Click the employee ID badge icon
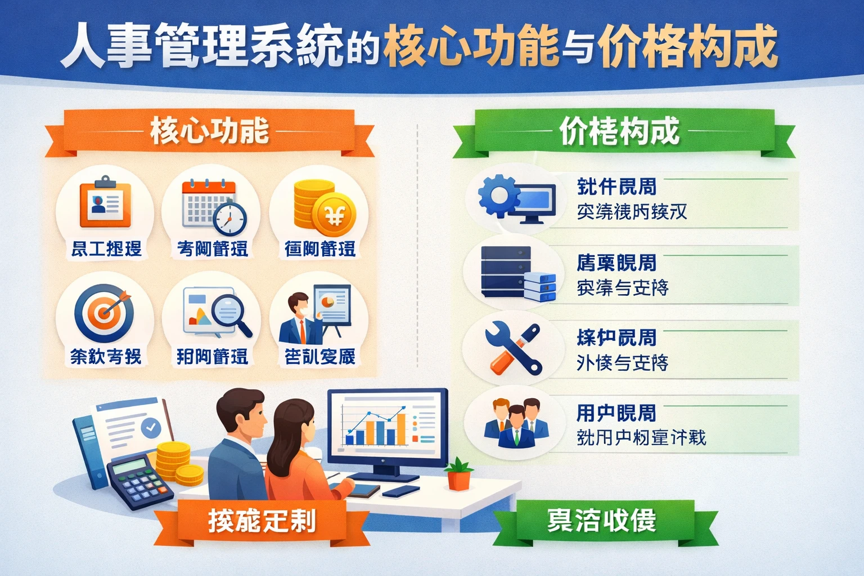coord(105,203)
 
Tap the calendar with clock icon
coord(212,206)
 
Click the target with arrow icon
coord(105,312)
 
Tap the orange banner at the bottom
coord(262,521)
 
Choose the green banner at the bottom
coord(602,521)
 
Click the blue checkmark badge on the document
coord(150,427)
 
